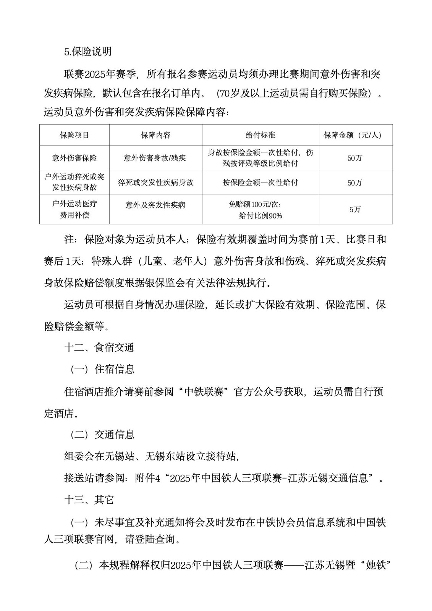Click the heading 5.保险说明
pos(88,52)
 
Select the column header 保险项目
pos(74,135)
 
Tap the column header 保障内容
pos(155,135)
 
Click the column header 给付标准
pos(260,135)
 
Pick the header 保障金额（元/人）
pos(355,135)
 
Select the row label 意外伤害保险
pos(74,158)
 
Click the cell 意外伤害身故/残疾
pos(155,158)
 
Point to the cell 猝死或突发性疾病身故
pos(155,182)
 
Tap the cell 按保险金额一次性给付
pos(260,182)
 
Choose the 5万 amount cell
pos(355,209)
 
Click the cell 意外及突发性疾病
pos(155,205)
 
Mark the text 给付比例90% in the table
pos(260,216)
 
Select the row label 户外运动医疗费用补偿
pos(74,209)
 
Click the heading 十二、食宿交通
pos(99,348)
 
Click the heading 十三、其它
pos(89,500)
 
